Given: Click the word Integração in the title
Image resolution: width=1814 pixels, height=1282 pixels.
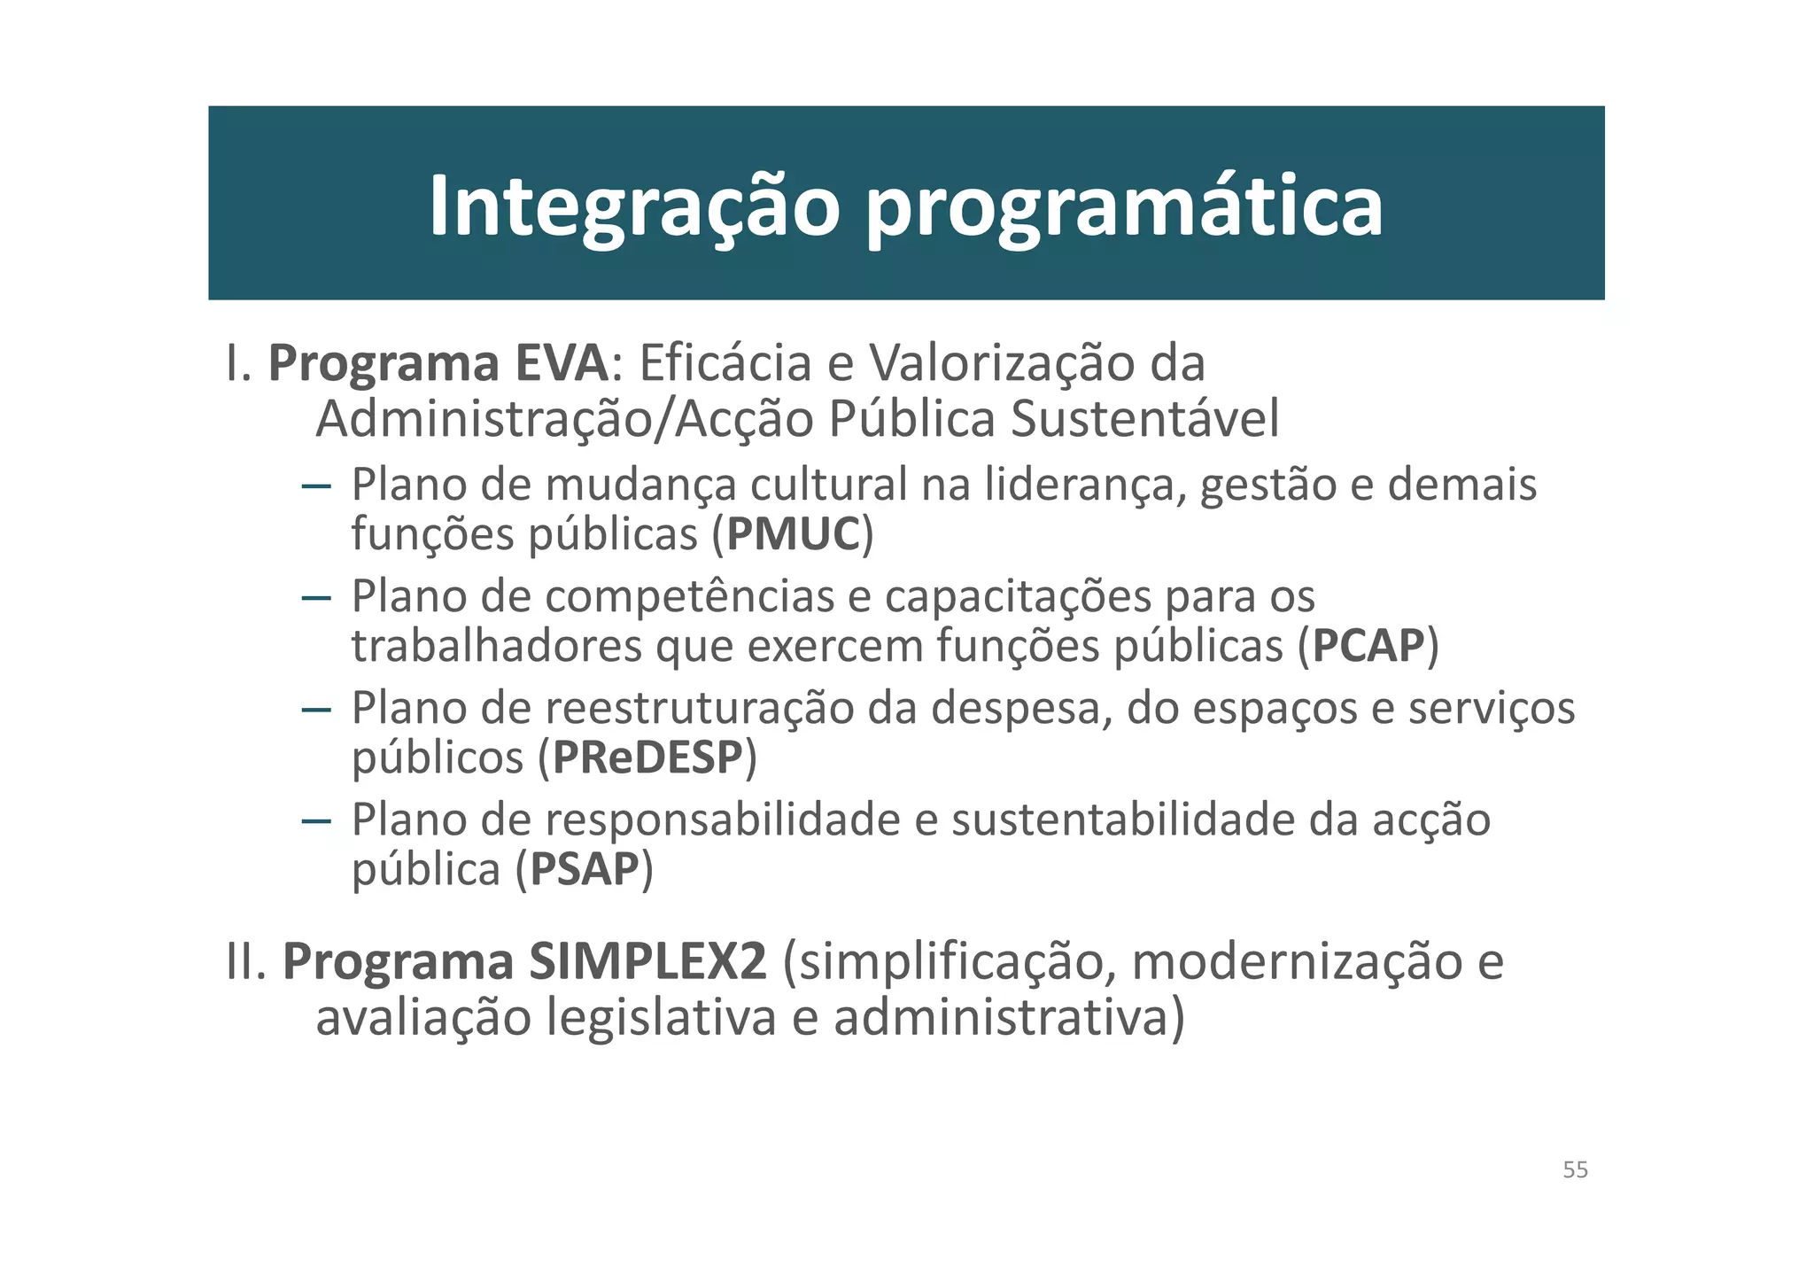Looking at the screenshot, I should pyautogui.click(x=633, y=207).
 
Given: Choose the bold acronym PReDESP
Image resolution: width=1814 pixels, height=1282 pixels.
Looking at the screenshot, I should pyautogui.click(x=647, y=758).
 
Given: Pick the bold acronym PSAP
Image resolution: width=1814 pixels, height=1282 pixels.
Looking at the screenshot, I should pyautogui.click(x=584, y=869).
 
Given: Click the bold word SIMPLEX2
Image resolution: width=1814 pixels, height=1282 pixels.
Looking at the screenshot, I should pyautogui.click(x=647, y=962).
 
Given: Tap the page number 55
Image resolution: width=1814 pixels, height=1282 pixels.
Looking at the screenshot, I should pyautogui.click(x=1575, y=1170).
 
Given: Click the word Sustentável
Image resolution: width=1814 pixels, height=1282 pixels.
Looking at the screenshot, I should pyautogui.click(x=1144, y=419).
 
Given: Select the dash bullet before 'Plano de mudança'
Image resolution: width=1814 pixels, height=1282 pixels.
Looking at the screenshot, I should pyautogui.click(x=316, y=486).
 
